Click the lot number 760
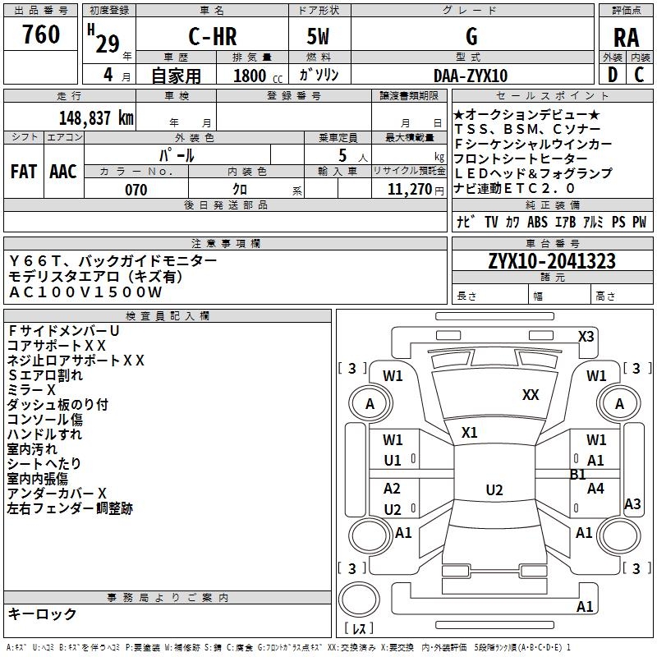(41, 34)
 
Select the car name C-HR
(213, 36)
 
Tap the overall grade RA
(626, 38)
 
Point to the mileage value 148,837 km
(96, 118)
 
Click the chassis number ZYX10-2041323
(552, 261)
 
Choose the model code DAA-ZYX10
(471, 76)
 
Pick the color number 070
(136, 190)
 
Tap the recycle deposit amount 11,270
(410, 190)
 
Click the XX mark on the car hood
(531, 395)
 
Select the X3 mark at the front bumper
(586, 337)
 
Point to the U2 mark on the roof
(494, 489)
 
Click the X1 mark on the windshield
(469, 433)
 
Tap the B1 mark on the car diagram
(577, 475)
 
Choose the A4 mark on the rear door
(595, 488)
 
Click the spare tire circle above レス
(359, 600)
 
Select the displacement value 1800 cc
(258, 76)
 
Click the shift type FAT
(24, 172)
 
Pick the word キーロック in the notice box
(42, 613)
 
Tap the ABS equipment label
(537, 222)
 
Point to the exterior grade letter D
(613, 75)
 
